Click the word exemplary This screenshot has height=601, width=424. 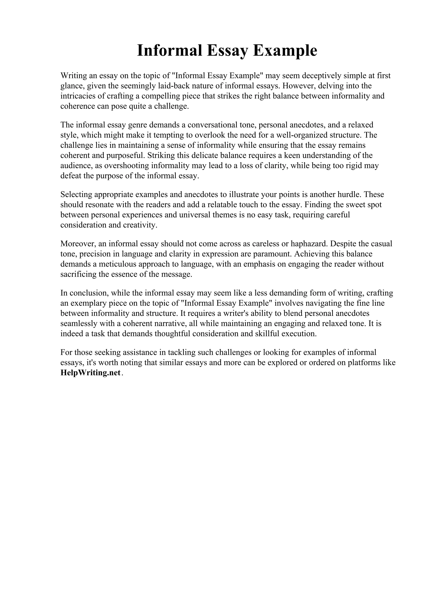[89, 303]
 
